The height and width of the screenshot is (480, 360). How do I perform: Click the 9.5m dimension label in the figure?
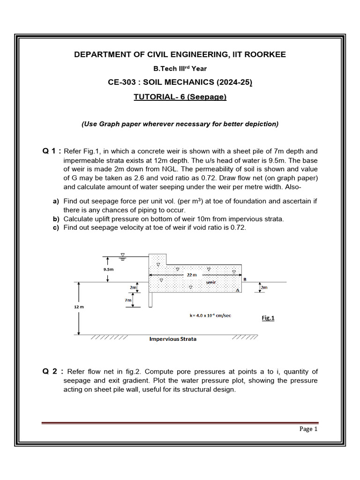point(108,270)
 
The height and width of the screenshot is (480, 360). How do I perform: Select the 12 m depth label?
point(78,306)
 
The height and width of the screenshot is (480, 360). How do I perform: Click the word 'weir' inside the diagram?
point(211,283)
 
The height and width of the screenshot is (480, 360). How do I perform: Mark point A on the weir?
point(237,291)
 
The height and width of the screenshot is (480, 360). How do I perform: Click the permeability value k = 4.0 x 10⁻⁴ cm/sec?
point(210,315)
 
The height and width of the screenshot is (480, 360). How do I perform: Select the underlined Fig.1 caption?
point(268,318)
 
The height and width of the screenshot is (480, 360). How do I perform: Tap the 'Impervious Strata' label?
point(172,339)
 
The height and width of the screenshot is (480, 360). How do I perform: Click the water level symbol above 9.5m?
point(123,255)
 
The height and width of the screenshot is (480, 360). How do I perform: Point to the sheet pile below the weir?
point(150,300)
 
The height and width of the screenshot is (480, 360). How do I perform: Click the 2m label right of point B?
point(264,287)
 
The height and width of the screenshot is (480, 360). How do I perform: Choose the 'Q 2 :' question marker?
point(52,371)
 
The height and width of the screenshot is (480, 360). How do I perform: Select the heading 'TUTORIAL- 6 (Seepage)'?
point(180,97)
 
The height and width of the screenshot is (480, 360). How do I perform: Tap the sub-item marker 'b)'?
point(56,219)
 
